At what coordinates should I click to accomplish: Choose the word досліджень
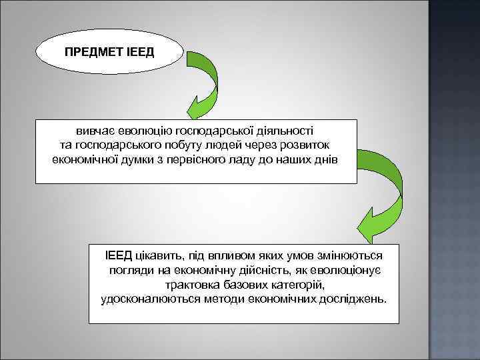351,298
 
